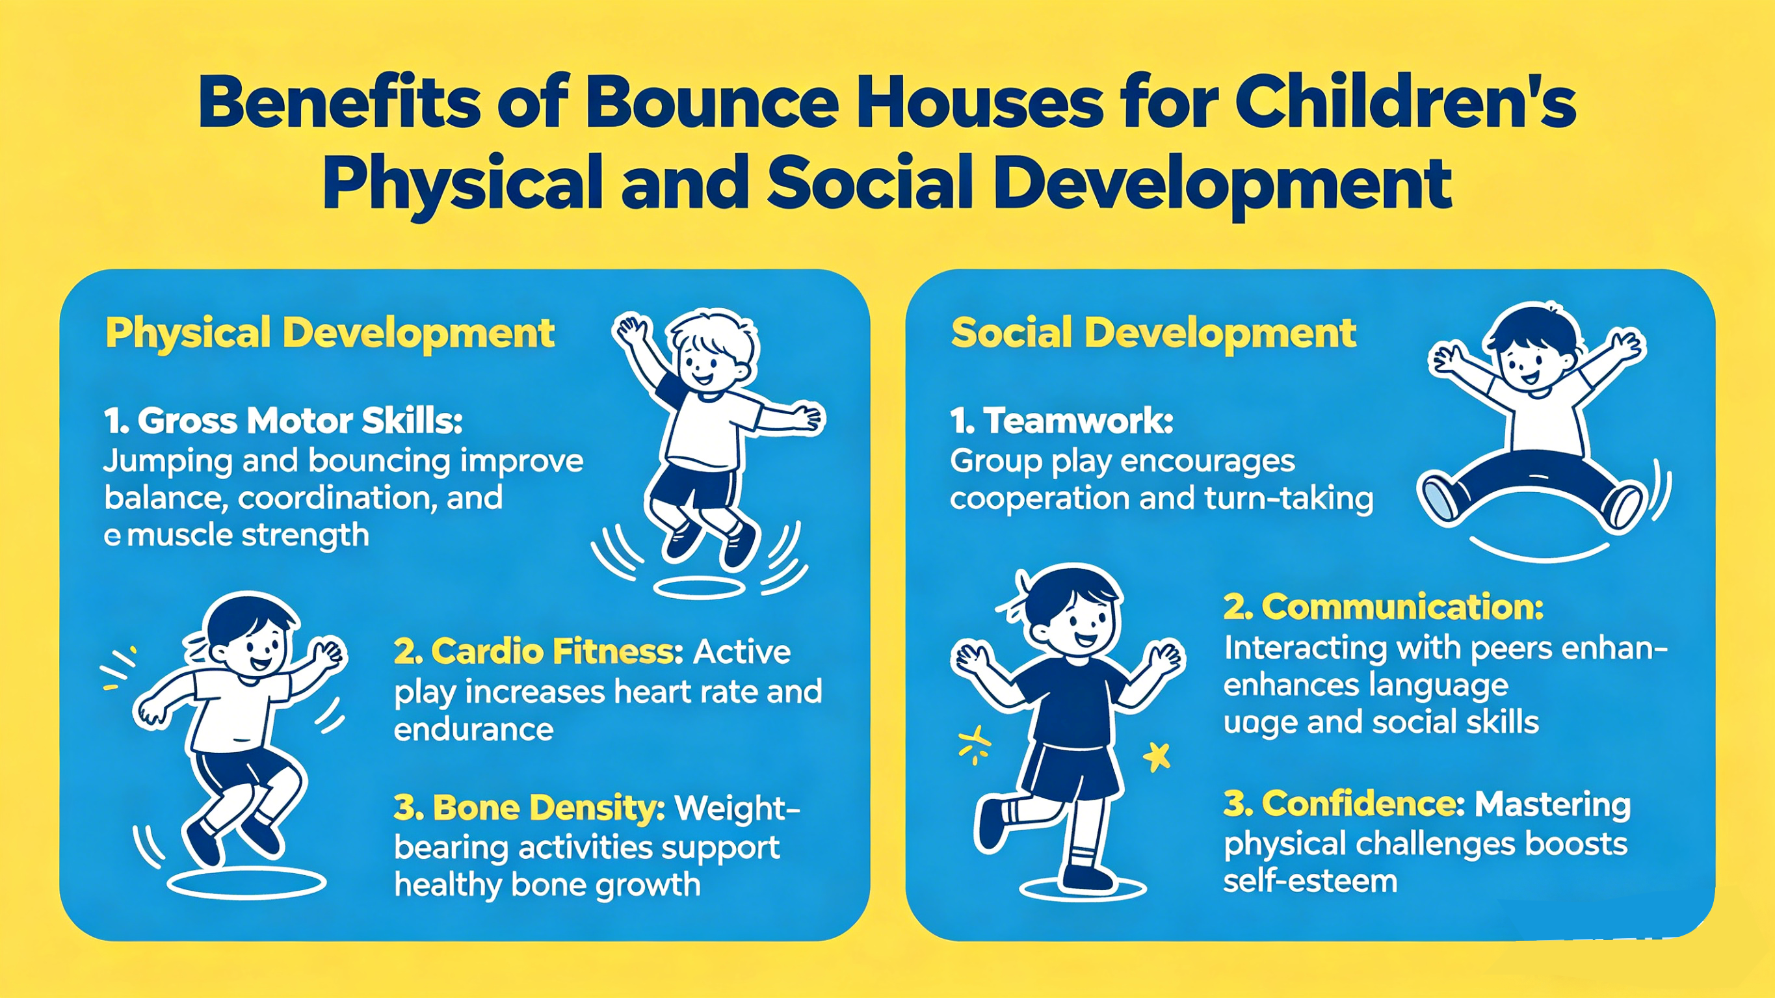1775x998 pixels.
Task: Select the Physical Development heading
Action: click(330, 334)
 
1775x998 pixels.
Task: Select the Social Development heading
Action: click(1153, 334)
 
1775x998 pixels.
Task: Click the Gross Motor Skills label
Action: click(283, 421)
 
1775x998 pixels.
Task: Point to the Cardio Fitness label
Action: click(538, 651)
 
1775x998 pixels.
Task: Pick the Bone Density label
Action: click(529, 808)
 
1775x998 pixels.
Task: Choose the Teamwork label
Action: click(1061, 421)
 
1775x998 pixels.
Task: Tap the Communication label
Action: click(1383, 607)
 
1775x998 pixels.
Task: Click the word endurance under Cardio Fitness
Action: click(473, 729)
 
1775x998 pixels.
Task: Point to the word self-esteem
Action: click(1310, 881)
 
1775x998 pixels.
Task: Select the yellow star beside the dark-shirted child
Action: click(1157, 757)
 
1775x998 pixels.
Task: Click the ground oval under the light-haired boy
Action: click(699, 588)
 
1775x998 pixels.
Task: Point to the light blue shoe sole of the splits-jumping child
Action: click(1440, 498)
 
